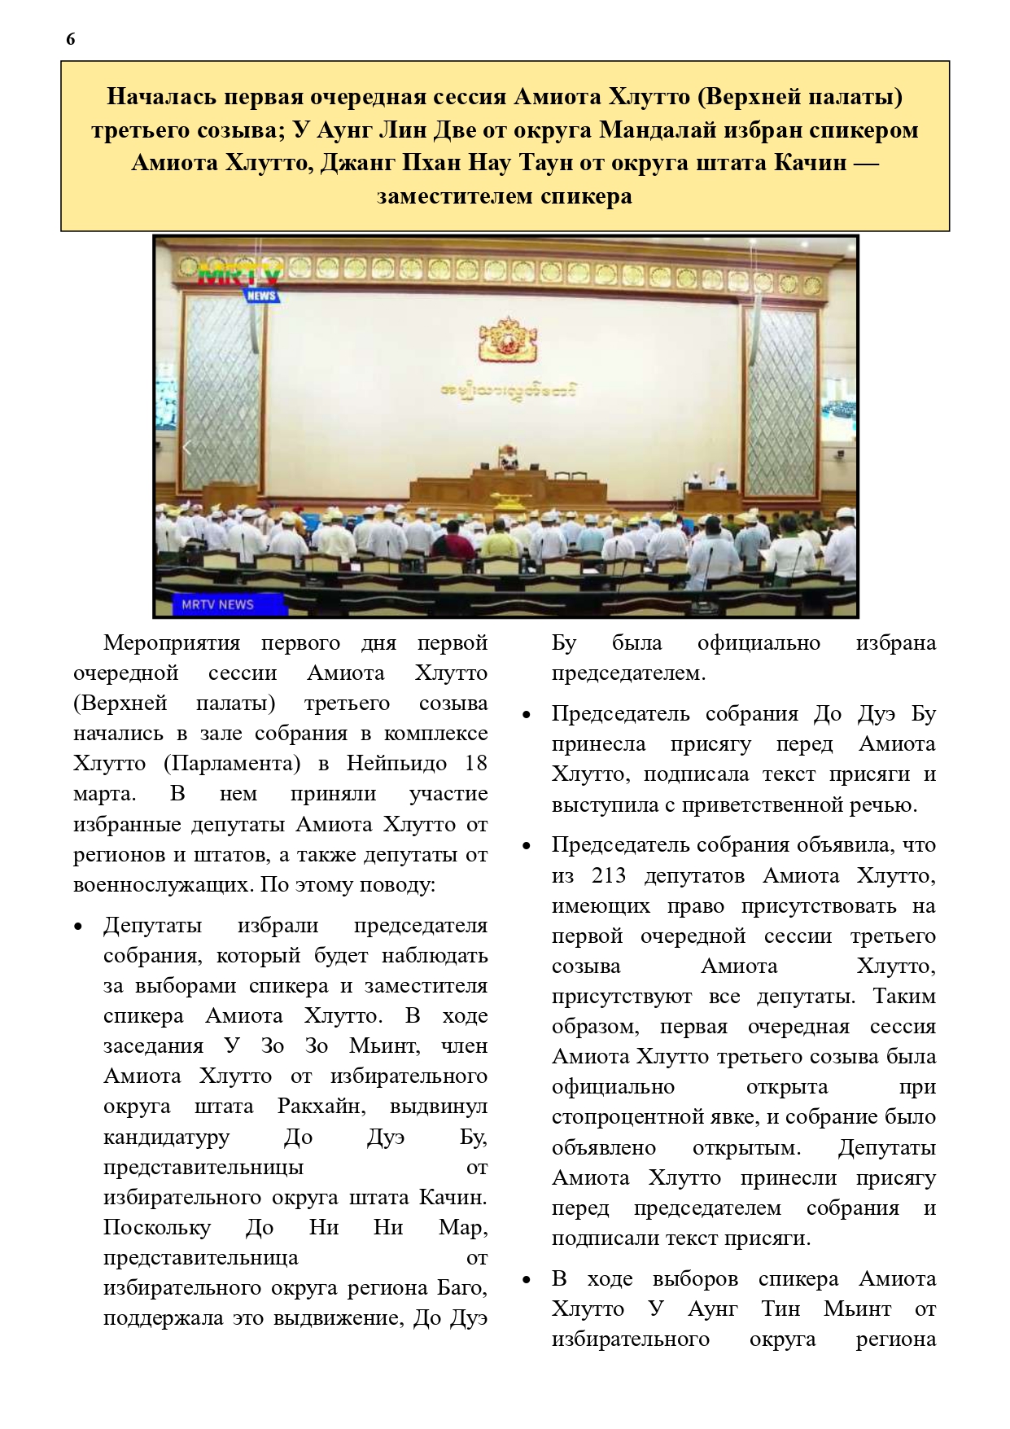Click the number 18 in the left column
[474, 764]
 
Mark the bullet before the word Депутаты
[78, 927]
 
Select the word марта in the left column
[103, 794]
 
